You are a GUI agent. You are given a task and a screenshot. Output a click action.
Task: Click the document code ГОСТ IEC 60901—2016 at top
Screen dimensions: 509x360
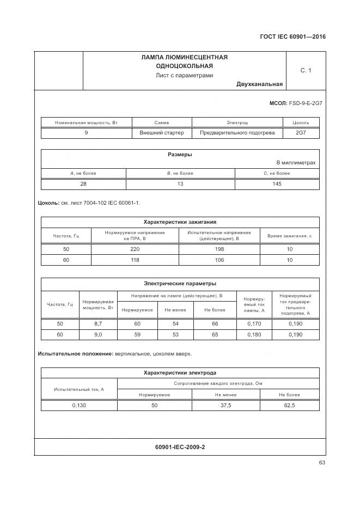[294, 37]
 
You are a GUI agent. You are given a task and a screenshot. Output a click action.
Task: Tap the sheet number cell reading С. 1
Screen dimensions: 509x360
[306, 70]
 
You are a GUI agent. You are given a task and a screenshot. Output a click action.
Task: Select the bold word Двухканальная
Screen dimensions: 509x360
[259, 84]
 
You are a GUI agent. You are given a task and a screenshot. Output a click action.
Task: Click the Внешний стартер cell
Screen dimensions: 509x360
[162, 132]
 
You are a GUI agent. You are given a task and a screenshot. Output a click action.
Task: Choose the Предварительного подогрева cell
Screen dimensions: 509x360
[237, 132]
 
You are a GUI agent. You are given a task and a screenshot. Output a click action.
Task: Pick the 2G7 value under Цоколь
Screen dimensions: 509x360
[301, 132]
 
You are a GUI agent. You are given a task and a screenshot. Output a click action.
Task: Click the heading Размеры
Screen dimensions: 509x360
[180, 155]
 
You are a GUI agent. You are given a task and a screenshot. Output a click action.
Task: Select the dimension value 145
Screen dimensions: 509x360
[277, 183]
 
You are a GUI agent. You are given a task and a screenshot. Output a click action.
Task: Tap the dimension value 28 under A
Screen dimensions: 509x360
[83, 183]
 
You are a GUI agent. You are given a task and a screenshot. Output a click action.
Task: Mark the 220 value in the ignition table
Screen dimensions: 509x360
[135, 249]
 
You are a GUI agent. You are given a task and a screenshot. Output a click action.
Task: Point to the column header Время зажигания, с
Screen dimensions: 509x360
[289, 236]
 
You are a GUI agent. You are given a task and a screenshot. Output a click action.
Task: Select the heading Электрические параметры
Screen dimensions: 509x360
[180, 283]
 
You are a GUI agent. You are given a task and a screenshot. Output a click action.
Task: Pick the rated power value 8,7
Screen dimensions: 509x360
[98, 323]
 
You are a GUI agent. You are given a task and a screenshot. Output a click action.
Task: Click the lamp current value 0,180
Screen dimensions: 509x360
[254, 334]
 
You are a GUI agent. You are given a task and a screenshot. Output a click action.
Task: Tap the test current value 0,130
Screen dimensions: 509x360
[79, 405]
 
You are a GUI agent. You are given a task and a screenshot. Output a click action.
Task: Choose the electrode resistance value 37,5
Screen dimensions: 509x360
[225, 405]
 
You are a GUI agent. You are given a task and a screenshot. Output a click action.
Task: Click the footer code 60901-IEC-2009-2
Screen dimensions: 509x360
[180, 447]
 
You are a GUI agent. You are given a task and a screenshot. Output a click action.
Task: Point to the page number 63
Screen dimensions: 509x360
[322, 463]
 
